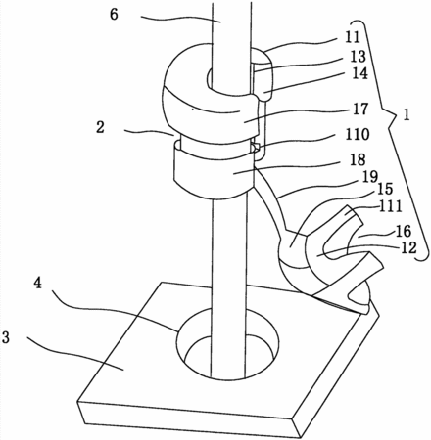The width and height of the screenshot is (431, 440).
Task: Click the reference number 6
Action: click(x=114, y=15)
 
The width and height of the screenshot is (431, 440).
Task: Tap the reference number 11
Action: click(x=352, y=37)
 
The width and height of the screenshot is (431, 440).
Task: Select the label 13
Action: click(x=359, y=57)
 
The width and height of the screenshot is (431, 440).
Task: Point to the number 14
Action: click(x=359, y=73)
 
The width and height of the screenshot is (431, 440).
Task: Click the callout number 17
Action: click(x=360, y=110)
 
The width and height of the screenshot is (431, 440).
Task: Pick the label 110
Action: click(x=358, y=134)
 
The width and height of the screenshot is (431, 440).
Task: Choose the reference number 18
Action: click(x=359, y=159)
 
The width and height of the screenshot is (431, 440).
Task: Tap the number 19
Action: click(x=369, y=176)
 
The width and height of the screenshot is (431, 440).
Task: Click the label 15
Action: click(x=385, y=189)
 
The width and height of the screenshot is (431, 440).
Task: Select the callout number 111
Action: click(x=391, y=206)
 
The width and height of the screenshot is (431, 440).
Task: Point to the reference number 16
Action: click(x=404, y=231)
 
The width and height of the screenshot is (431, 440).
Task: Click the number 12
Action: click(x=408, y=247)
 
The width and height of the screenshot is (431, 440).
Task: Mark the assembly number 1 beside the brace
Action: click(x=406, y=115)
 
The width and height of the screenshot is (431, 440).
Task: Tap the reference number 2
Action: click(x=100, y=127)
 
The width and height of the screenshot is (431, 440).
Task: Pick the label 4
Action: click(x=38, y=283)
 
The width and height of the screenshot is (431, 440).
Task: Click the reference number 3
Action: click(x=6, y=337)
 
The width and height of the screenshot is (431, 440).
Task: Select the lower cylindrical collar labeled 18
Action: click(x=213, y=174)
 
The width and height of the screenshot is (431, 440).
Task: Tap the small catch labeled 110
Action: click(x=256, y=147)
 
